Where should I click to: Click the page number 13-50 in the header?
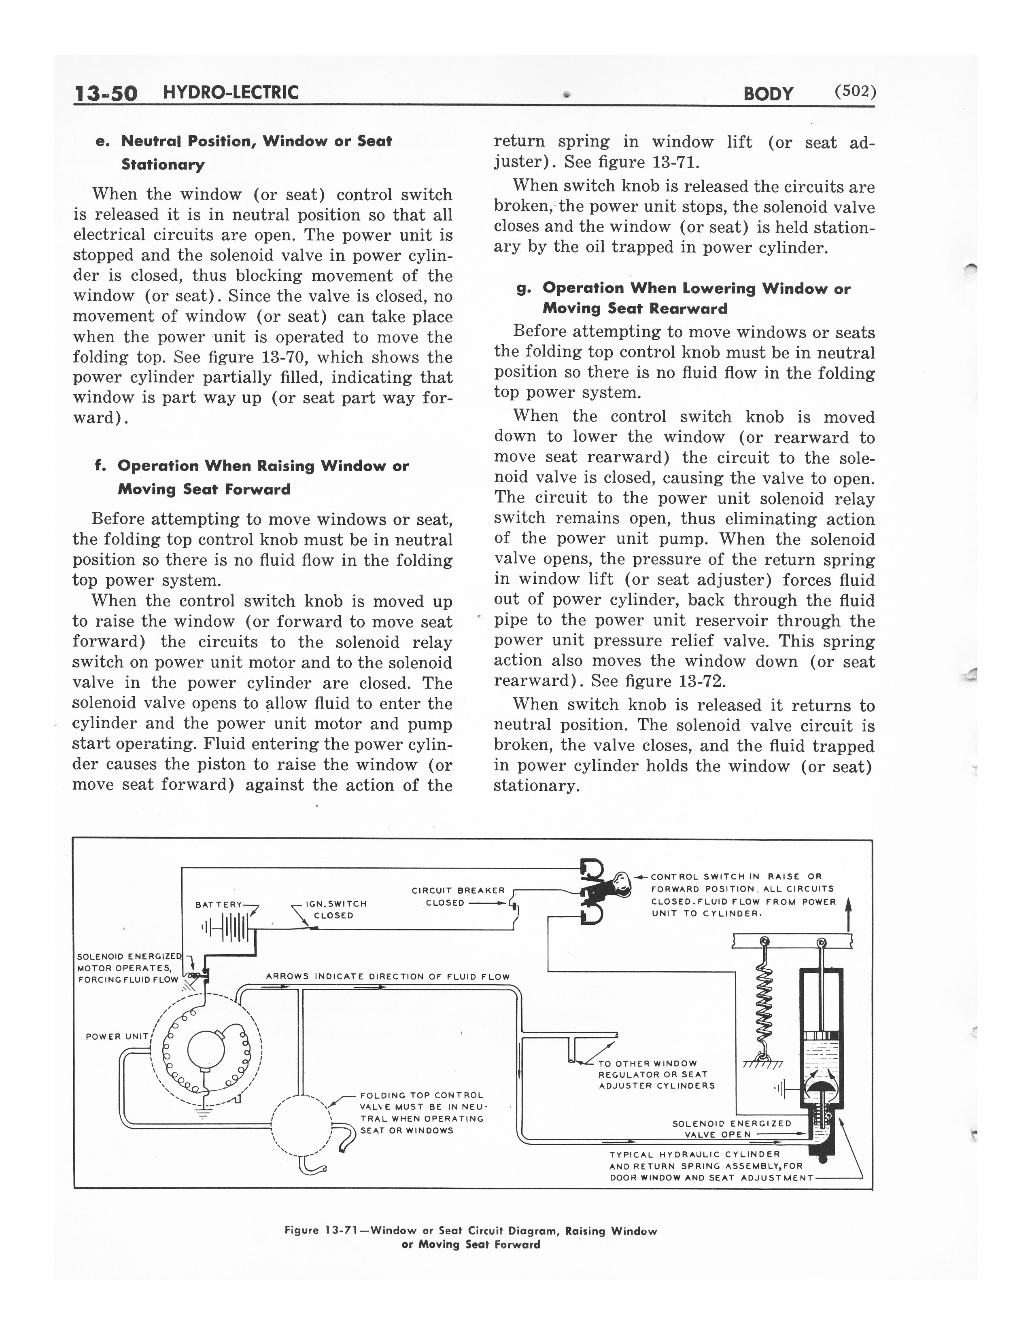click(x=105, y=93)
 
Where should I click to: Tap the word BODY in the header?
click(x=768, y=93)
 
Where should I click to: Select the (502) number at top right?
click(x=855, y=92)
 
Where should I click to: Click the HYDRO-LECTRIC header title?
click(x=231, y=93)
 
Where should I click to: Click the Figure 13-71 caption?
click(x=471, y=1237)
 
